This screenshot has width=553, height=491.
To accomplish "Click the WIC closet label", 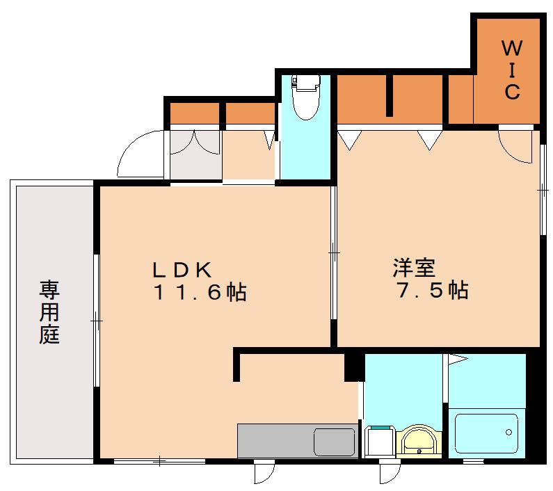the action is coord(512,70).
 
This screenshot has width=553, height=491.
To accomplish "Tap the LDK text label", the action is coord(182,271).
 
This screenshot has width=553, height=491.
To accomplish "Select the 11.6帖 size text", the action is coord(200,292).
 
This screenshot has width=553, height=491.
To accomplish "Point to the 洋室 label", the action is coord(414,268).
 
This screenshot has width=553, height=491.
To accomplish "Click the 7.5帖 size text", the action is coord(433,290).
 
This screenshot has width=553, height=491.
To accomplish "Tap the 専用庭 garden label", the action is coord(49,312).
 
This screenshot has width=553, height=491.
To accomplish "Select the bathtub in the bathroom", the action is coord(487,433).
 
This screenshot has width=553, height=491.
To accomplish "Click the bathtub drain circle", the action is coord(508,432).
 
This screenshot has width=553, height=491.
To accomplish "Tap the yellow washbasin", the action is coord(419,441).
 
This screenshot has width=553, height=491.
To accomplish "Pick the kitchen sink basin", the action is coord(334,442).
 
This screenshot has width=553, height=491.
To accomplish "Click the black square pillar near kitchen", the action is coord(354,367).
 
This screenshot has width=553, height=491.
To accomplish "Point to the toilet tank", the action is coord(305,81).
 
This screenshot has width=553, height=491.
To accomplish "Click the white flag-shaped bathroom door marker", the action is coord(457,359).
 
